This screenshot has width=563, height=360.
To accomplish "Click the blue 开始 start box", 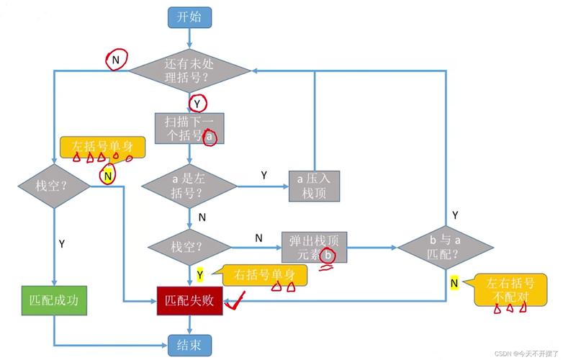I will coord(189,18).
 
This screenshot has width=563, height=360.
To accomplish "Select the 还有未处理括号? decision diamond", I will coord(189,70).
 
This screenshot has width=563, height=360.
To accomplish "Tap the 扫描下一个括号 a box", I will coord(189,128).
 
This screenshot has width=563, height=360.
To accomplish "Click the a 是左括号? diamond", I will coord(189,186).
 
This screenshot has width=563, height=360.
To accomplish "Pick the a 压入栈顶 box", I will coord(313,186).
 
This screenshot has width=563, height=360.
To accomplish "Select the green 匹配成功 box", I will coord(54,301).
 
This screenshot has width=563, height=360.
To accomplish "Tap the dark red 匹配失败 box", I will coord(189,301).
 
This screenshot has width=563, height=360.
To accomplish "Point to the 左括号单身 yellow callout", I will coord(102,147).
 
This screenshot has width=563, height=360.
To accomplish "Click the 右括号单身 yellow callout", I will coord(264,274).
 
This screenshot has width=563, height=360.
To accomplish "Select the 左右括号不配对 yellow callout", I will coord(508,289).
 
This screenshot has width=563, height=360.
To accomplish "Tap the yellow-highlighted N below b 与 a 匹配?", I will coord(454,283).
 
